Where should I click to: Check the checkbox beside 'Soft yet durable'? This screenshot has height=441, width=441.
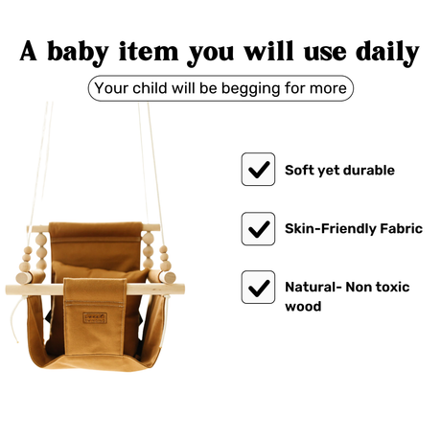point(258,170)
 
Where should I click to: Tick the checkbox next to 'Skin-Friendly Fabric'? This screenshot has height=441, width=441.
point(258,229)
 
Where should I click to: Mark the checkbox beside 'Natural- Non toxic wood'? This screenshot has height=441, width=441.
point(258,288)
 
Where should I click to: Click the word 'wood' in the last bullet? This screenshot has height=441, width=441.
point(303,307)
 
